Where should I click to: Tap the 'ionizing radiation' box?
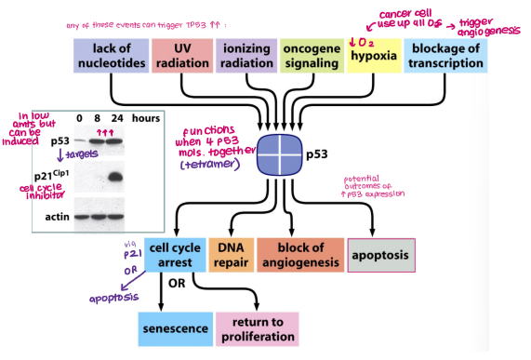[x=246, y=57]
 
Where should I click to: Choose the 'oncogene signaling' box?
[x=311, y=57]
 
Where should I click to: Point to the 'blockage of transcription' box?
[x=446, y=57]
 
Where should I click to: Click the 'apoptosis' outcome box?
[x=380, y=255]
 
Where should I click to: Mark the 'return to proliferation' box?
[x=259, y=328]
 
